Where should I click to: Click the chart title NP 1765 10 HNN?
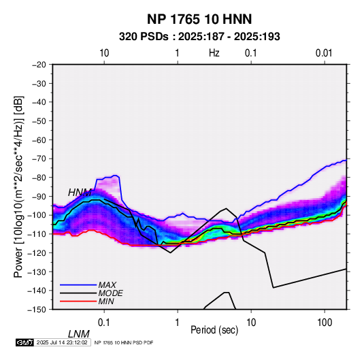(x=199, y=19)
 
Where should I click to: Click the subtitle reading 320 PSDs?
(x=144, y=37)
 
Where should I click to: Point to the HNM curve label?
(x=80, y=193)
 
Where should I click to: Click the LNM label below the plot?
(x=79, y=334)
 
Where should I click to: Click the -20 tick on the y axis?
(x=39, y=65)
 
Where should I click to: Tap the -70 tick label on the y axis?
(x=39, y=159)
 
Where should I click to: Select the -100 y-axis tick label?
(x=37, y=215)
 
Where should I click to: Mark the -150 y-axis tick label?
(x=37, y=310)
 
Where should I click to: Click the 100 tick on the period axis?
(x=325, y=323)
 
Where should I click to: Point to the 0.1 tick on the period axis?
(x=104, y=323)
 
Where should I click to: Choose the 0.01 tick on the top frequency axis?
(x=324, y=53)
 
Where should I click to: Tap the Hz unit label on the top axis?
(x=214, y=53)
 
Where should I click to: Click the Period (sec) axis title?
(x=214, y=330)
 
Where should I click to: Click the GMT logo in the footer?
(x=25, y=342)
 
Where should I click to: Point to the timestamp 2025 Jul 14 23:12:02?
(x=62, y=342)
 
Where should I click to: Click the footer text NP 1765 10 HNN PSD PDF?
(x=124, y=342)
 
